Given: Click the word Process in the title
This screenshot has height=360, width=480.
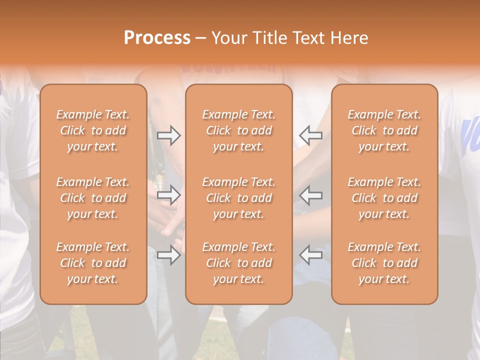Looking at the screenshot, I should [157, 38].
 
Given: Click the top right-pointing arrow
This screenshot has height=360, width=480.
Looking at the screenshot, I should [169, 135].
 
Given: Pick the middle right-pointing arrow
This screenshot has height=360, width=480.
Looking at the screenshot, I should [169, 195].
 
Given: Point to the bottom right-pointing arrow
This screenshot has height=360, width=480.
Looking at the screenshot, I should [169, 255].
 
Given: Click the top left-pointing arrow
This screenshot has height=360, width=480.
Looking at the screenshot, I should [310, 135].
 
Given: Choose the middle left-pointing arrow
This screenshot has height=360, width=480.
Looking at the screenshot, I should [310, 195].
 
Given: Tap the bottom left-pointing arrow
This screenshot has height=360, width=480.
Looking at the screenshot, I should [310, 255].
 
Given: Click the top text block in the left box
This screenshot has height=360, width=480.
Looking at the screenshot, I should [93, 130].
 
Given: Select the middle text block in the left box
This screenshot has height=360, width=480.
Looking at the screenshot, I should [93, 198].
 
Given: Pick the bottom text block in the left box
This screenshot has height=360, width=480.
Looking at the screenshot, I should [93, 263].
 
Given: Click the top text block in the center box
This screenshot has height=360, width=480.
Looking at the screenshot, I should [238, 130].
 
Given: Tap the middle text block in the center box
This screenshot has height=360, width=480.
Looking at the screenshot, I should [238, 198].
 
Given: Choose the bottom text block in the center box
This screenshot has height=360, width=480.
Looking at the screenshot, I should [238, 263].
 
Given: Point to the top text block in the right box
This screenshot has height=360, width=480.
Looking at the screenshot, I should [384, 130].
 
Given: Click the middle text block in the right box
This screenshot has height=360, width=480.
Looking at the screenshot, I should [384, 198].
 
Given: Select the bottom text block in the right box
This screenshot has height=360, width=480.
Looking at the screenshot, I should [384, 263].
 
